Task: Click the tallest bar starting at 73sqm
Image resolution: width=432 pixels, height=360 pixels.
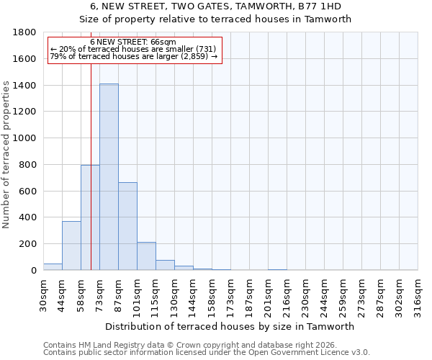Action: [109, 177]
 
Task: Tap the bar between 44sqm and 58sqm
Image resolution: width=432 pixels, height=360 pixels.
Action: [71, 246]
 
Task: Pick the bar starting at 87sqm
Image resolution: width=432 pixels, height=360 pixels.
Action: [127, 226]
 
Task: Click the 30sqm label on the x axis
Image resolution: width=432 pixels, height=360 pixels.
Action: [43, 294]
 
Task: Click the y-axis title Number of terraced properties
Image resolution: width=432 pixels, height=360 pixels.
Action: [7, 155]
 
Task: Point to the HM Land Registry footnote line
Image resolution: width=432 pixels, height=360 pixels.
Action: [189, 345]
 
